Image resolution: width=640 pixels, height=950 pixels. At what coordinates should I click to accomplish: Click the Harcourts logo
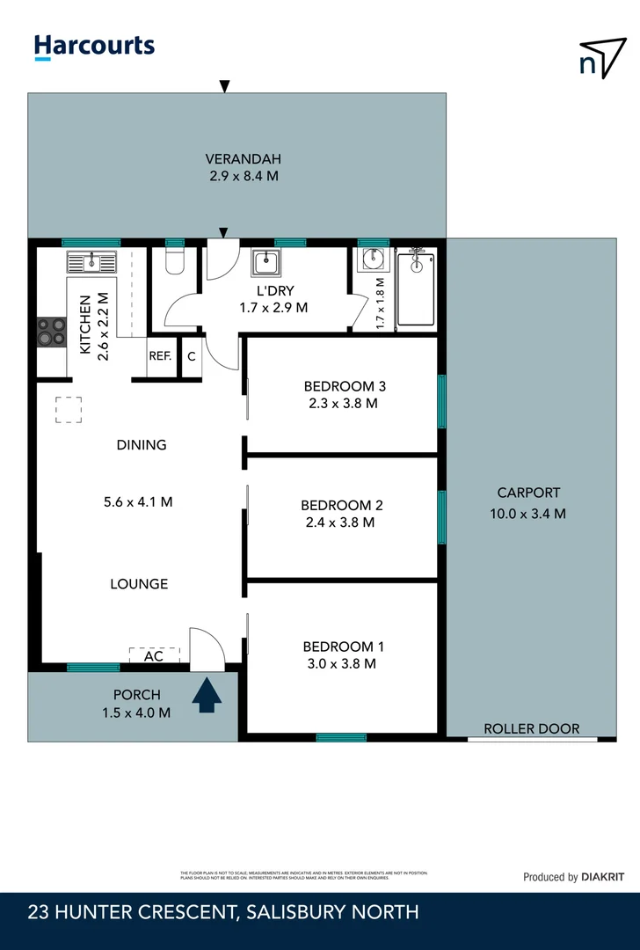[94, 47]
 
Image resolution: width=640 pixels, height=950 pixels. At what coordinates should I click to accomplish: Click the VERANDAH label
[243, 159]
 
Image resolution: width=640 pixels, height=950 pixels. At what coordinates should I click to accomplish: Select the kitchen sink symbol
[91, 261]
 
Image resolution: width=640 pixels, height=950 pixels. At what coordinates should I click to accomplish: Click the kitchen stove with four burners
[51, 332]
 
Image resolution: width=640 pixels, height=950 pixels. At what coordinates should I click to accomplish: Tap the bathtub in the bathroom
[415, 288]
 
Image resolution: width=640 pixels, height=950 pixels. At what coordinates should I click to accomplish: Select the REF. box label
[159, 356]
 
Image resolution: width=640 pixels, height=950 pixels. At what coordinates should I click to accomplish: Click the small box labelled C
[191, 356]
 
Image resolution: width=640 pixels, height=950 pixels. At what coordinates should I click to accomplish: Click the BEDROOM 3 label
[345, 385]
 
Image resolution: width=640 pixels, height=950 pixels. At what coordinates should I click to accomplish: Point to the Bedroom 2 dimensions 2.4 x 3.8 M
[338, 522]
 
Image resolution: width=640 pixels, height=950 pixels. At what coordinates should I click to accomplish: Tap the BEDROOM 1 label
[342, 647]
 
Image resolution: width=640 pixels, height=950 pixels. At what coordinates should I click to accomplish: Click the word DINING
[142, 445]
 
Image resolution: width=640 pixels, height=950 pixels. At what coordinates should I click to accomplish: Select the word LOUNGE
[139, 583]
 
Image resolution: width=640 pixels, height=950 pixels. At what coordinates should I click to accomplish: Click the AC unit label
[154, 656]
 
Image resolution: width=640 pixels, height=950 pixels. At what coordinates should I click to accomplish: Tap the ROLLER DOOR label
[531, 728]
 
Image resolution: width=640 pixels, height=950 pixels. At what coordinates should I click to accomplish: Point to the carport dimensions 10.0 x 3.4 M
[527, 513]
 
